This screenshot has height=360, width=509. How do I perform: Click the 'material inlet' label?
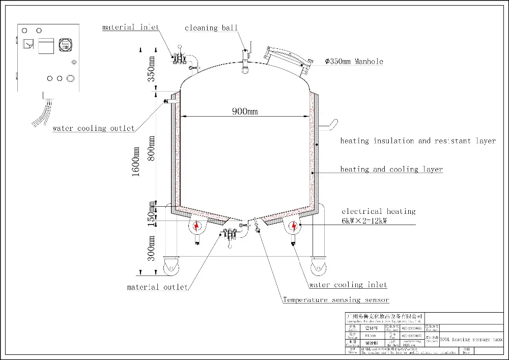pyautogui.click(x=131, y=27)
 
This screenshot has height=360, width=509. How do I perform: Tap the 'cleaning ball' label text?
pyautogui.click(x=211, y=28)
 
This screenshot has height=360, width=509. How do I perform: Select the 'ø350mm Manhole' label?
pyautogui.click(x=354, y=62)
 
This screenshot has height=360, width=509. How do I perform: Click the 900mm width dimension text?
pyautogui.click(x=246, y=112)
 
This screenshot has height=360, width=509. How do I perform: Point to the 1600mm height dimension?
pyautogui.click(x=136, y=161)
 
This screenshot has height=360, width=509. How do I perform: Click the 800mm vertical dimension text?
pyautogui.click(x=151, y=148)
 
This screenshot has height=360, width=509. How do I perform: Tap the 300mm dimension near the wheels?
pyautogui.click(x=151, y=248)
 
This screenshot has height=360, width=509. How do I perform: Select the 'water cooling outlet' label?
pyautogui.click(x=94, y=128)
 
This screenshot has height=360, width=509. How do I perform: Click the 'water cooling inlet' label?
pyautogui.click(x=348, y=285)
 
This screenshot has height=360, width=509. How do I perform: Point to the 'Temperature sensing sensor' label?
pyautogui.click(x=336, y=300)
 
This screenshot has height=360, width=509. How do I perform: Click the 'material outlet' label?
pyautogui.click(x=157, y=287)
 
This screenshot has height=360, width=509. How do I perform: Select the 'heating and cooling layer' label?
pyautogui.click(x=391, y=169)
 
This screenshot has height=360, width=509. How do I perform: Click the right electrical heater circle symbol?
pyautogui.click(x=294, y=226)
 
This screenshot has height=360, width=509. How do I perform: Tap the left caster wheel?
pyautogui.click(x=170, y=267)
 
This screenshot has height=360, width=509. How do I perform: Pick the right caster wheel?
pyautogui.click(x=319, y=267)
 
